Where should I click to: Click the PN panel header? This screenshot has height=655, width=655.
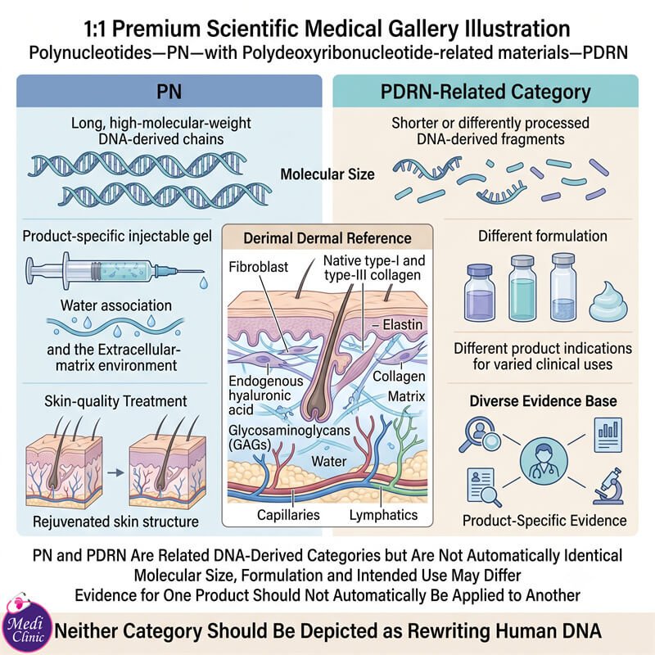click(x=169, y=92)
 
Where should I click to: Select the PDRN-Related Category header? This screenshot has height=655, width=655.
click(x=486, y=92)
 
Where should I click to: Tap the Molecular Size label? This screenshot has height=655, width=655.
click(x=327, y=174)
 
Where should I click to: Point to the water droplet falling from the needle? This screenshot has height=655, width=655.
click(x=203, y=282)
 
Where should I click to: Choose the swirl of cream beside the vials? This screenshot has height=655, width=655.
click(x=608, y=301)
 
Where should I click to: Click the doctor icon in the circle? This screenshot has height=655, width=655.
click(x=544, y=461)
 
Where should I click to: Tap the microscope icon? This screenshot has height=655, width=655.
click(x=608, y=486)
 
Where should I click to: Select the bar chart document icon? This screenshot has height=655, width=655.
click(x=608, y=436)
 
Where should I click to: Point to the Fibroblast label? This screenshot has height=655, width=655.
click(x=258, y=267)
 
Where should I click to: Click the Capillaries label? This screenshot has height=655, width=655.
click(x=288, y=515)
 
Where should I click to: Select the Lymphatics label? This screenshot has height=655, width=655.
click(x=383, y=515)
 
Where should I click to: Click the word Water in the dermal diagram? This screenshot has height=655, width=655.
click(x=329, y=461)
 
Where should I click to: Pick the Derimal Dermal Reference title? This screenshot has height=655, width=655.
click(x=327, y=238)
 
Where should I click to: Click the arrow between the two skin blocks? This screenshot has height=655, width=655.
click(x=115, y=473)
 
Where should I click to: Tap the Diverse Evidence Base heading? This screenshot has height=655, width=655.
click(x=543, y=401)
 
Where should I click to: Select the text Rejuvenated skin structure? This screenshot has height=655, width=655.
click(x=115, y=522)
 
